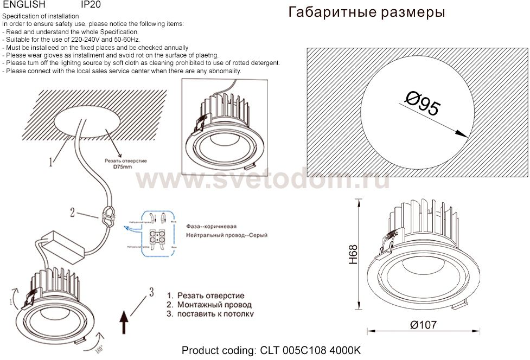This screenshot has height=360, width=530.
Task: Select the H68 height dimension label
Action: pos(354,254)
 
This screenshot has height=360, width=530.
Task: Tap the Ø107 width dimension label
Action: pos(423,325)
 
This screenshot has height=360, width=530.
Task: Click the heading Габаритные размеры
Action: pos(367,12)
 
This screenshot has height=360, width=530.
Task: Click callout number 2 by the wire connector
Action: pos(72,212)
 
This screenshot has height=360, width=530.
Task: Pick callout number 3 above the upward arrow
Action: pos(151,293)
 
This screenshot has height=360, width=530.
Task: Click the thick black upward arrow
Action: pos(124,322)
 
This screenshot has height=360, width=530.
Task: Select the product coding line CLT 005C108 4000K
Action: pos(271,351)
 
